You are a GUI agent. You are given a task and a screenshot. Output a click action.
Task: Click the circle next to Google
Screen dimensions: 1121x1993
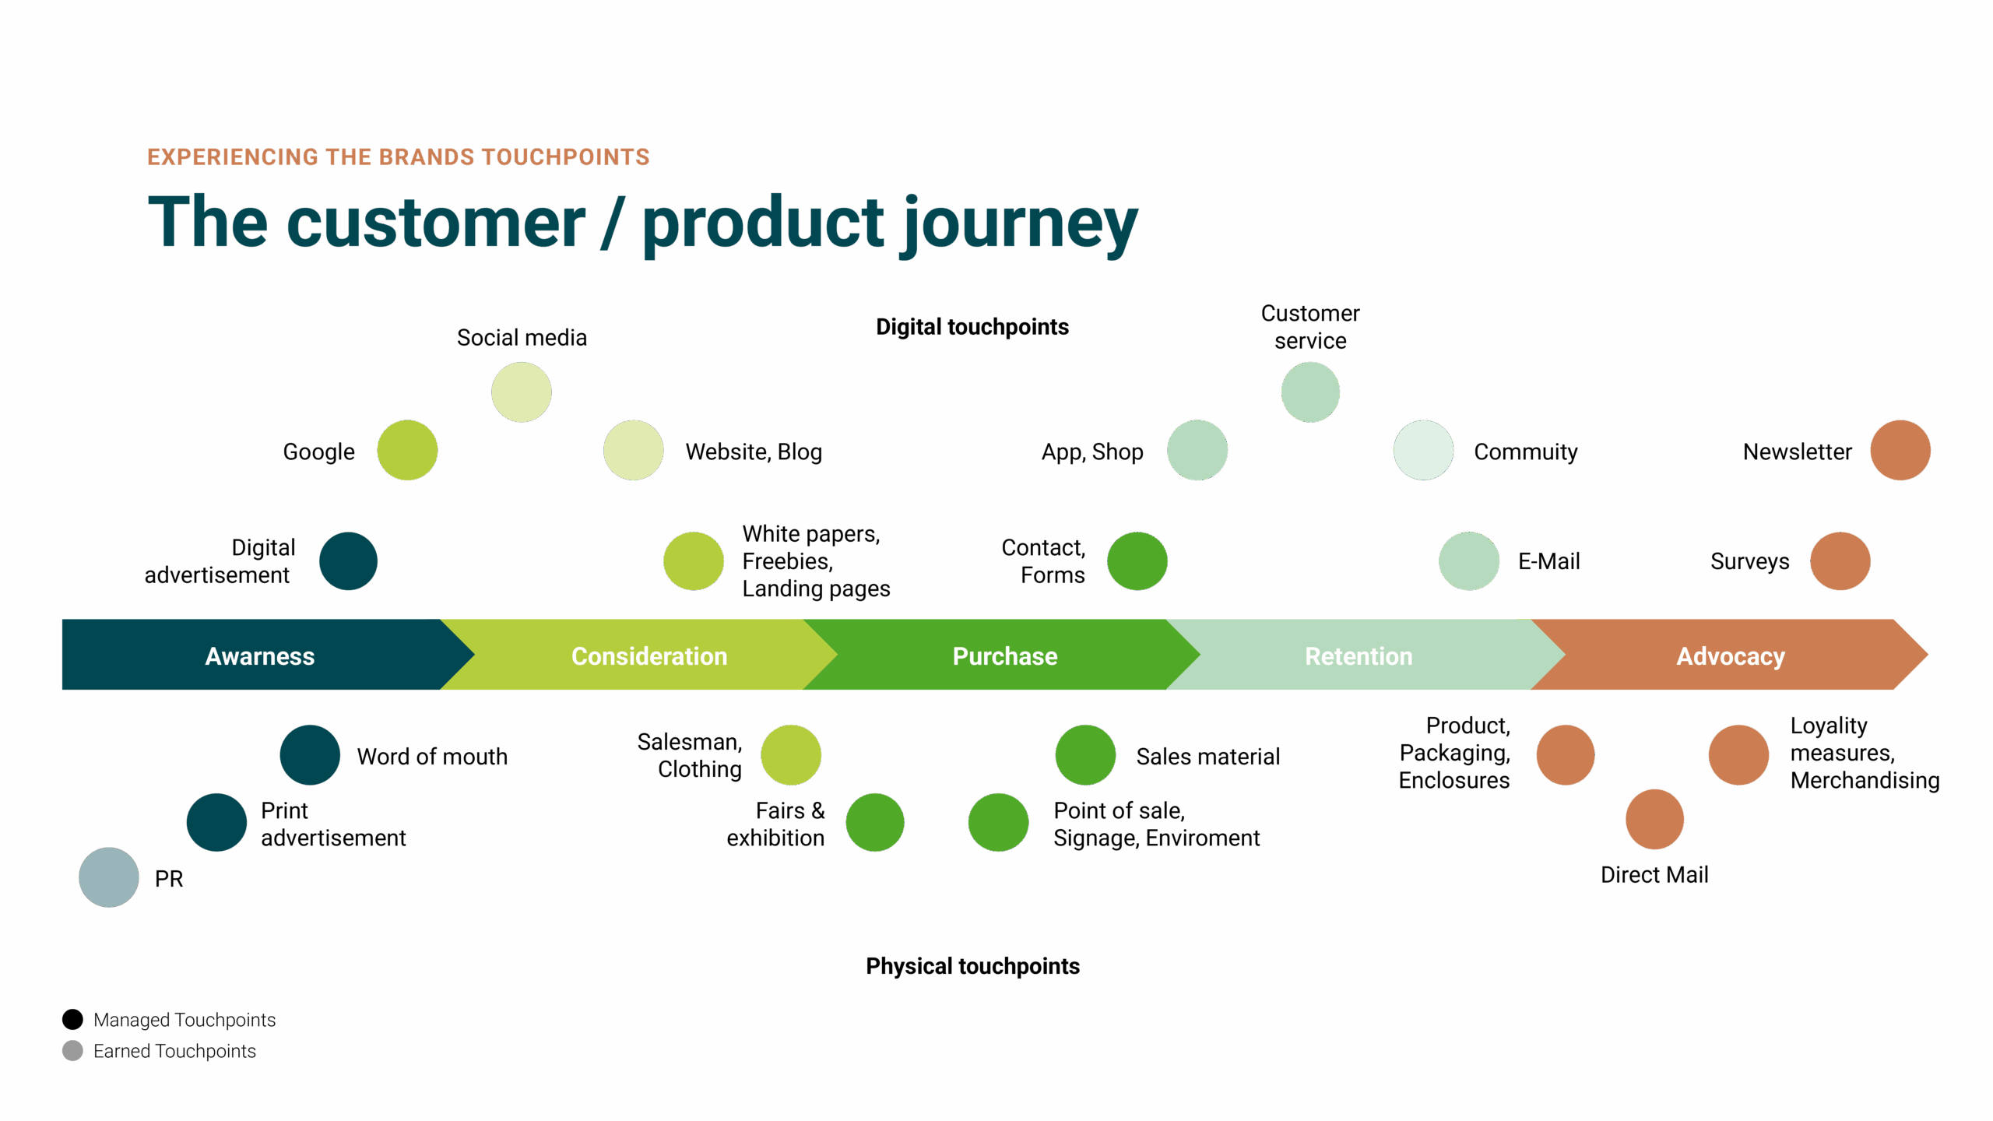[407, 451]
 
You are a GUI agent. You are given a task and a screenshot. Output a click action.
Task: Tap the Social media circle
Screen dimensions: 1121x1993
[522, 392]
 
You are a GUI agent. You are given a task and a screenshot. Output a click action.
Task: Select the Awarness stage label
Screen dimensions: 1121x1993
[259, 656]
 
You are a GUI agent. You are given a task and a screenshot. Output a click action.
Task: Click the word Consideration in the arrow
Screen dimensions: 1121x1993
[649, 656]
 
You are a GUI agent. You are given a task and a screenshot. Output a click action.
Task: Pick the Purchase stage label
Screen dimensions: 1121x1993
[1005, 656]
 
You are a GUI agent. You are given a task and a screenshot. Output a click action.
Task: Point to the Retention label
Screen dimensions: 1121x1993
[1359, 656]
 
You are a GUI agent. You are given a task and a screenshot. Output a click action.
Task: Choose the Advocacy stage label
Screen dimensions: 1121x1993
[1730, 656]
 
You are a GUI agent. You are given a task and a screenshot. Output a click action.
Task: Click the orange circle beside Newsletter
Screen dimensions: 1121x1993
[1900, 451]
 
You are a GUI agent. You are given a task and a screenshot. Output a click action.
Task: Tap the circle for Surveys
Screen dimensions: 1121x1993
[1840, 561]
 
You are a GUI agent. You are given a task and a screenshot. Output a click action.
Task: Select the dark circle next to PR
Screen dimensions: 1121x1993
[109, 877]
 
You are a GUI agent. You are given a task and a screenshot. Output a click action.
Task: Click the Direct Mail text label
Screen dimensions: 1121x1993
[1654, 875]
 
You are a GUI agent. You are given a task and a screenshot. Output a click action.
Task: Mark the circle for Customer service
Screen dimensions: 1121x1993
[1310, 392]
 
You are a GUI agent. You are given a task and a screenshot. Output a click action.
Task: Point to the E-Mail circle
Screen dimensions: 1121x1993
[1469, 561]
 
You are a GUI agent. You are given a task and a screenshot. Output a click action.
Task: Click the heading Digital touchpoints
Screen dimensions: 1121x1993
[972, 327]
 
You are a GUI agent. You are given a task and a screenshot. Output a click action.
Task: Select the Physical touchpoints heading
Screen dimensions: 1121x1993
[972, 966]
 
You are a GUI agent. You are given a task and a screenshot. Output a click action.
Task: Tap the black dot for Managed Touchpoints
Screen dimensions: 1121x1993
[72, 1019]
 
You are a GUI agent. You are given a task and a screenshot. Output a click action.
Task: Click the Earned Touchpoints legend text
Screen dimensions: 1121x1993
[174, 1051]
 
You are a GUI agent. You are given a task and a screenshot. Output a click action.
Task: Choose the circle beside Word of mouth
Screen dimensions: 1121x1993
[310, 755]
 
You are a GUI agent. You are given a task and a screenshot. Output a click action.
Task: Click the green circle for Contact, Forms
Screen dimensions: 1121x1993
[1137, 561]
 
